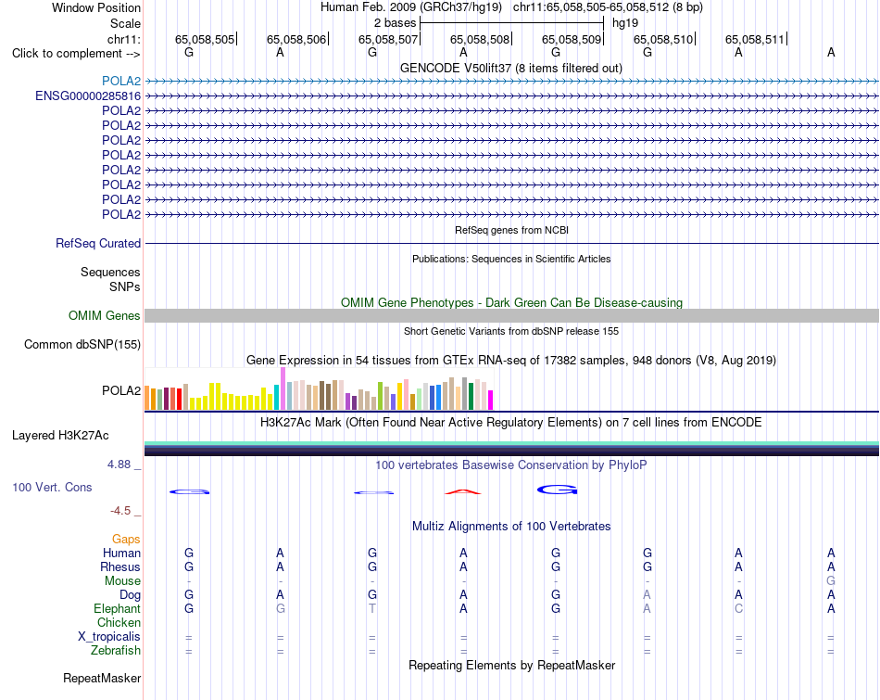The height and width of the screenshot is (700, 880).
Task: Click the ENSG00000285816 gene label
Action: tap(88, 96)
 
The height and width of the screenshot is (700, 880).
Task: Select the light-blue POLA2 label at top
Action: tap(121, 81)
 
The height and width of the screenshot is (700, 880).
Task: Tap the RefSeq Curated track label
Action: tap(98, 243)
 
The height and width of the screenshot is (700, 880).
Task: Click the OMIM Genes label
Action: tap(105, 316)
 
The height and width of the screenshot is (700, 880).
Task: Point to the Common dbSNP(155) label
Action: tap(82, 344)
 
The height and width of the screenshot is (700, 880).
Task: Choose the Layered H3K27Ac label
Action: tap(60, 436)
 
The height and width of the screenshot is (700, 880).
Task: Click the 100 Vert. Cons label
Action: tap(52, 487)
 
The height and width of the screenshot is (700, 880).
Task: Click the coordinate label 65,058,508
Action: tap(480, 39)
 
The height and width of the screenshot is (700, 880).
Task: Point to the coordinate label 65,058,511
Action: tap(755, 39)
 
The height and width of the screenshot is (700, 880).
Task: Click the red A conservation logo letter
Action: tap(463, 492)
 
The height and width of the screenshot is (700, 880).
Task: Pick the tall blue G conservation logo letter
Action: tap(558, 490)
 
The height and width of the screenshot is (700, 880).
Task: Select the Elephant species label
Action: tap(118, 608)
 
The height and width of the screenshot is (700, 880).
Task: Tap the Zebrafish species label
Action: tap(116, 650)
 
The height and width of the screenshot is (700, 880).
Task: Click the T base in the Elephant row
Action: tap(372, 608)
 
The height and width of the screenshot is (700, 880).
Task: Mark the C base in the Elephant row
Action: tap(738, 608)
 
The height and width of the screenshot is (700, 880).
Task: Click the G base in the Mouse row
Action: tap(831, 581)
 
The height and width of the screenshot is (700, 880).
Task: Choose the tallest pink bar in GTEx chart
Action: tap(283, 388)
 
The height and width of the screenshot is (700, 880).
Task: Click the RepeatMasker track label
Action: tap(102, 678)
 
